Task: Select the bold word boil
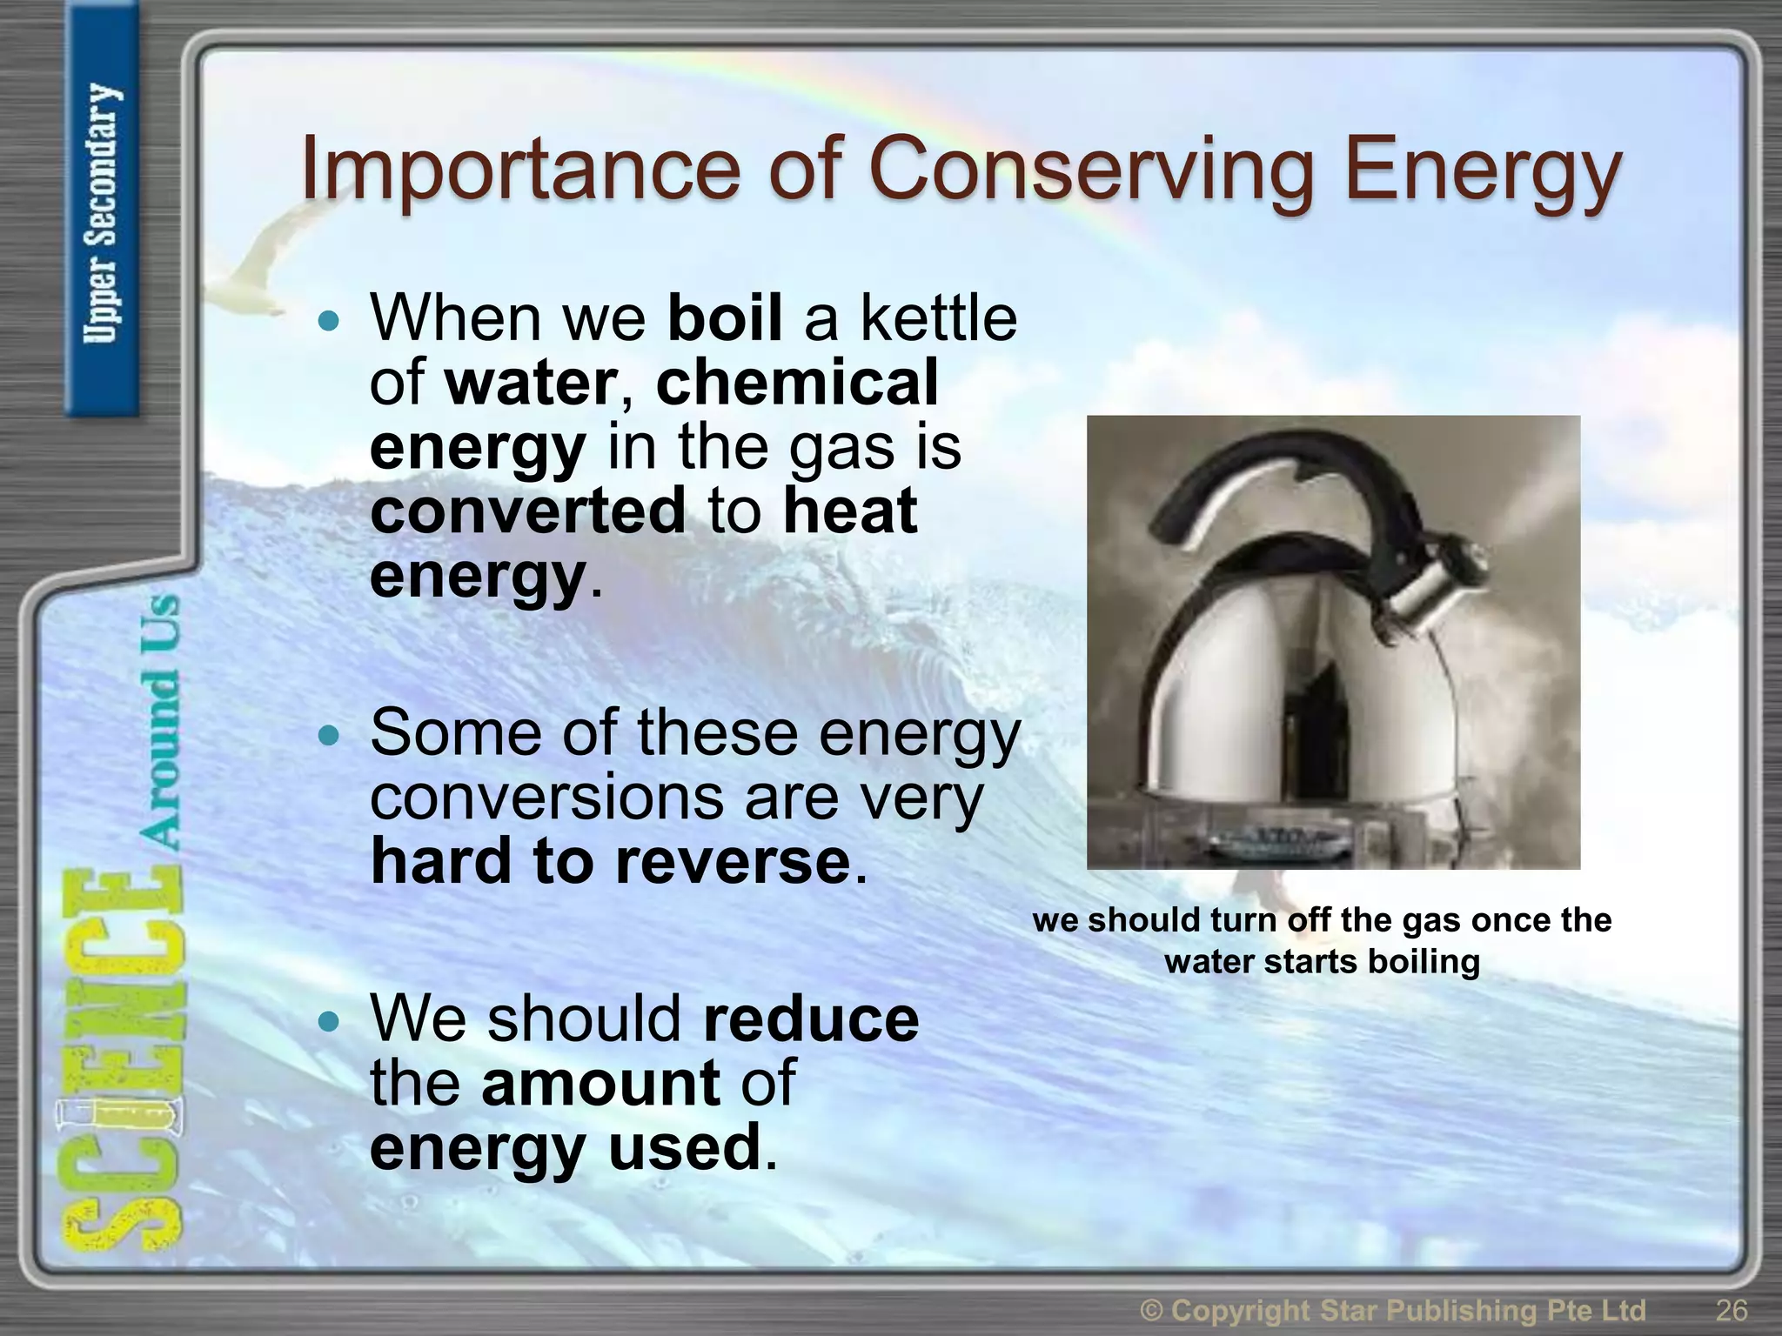click(x=725, y=318)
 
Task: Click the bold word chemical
click(x=797, y=383)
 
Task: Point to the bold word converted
click(x=528, y=511)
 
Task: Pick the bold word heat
click(x=850, y=511)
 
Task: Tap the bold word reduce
click(x=811, y=1019)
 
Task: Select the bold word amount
click(x=600, y=1083)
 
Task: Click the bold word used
click(x=685, y=1148)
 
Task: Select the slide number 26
click(x=1732, y=1310)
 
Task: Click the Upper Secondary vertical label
click(x=102, y=214)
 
